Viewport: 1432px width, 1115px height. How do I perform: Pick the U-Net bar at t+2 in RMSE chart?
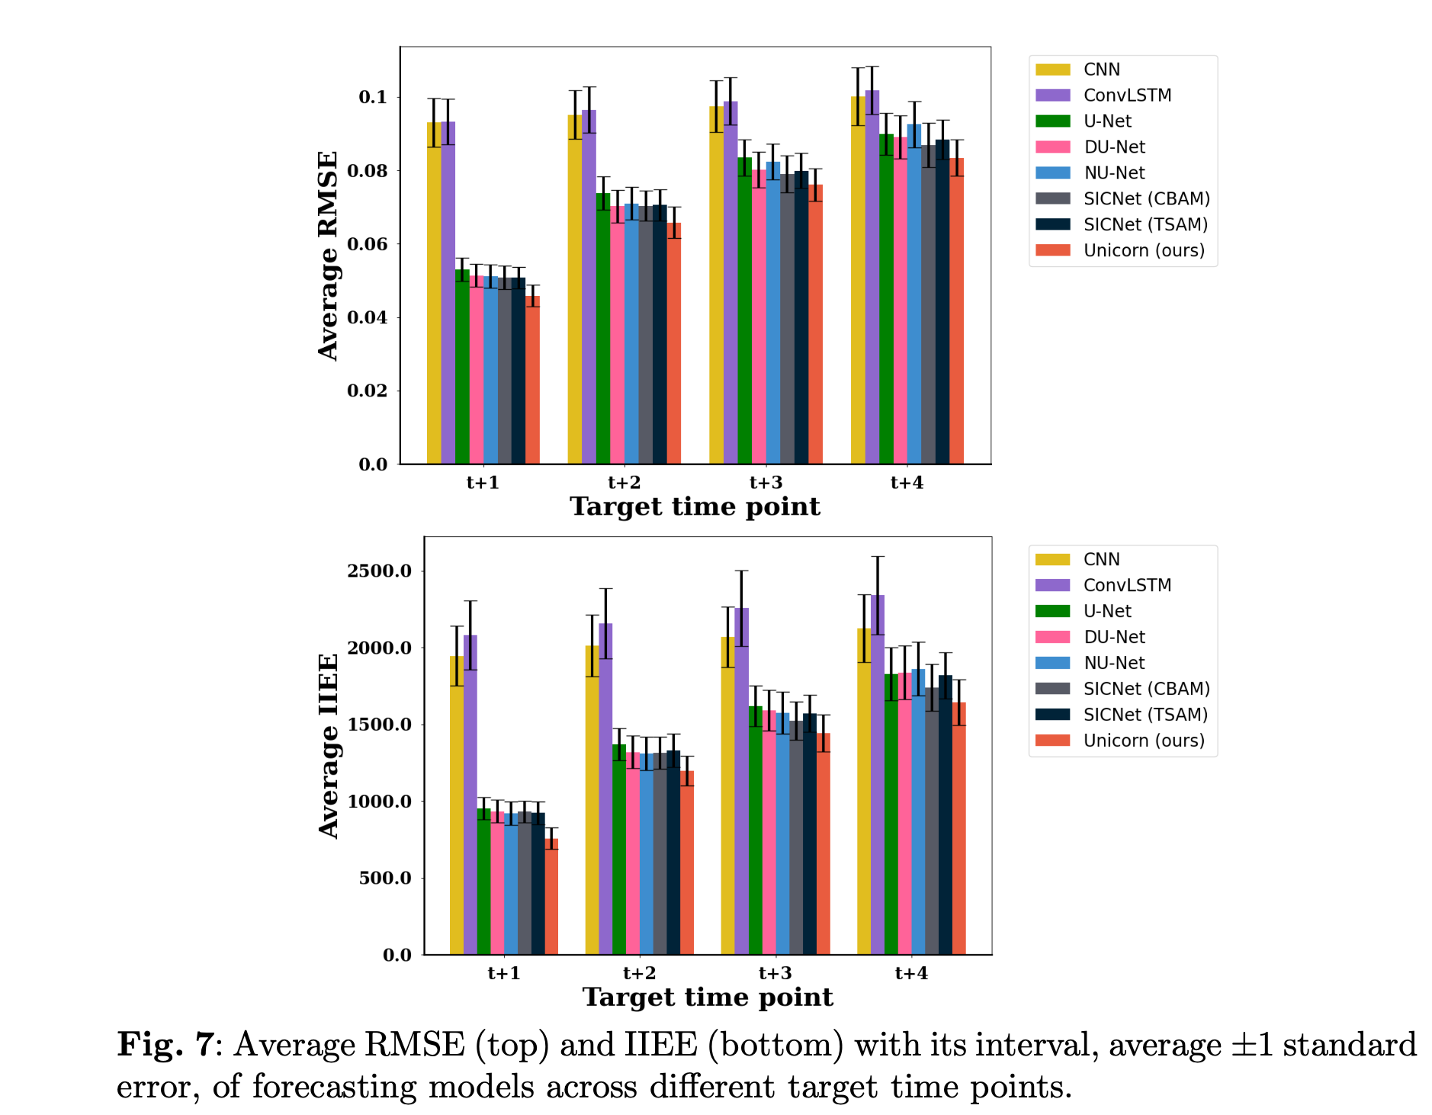tap(603, 329)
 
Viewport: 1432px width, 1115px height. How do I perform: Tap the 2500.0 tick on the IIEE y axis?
tap(379, 571)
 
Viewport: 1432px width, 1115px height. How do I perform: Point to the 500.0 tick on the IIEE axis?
tap(385, 878)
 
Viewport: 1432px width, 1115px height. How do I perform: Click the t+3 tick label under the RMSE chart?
tap(766, 483)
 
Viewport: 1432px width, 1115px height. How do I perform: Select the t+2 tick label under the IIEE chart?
tap(639, 973)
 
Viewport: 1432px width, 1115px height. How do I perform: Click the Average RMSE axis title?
tap(328, 255)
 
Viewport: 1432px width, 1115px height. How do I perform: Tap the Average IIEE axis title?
tap(328, 746)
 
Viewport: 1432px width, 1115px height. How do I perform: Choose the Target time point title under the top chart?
tap(695, 506)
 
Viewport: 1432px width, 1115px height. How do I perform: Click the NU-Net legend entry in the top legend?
tap(1114, 173)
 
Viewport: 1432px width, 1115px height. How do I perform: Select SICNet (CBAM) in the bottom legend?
tap(1146, 689)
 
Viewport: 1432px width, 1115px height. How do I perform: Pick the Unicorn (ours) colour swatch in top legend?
tap(1052, 250)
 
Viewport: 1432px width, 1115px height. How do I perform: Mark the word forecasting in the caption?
tap(334, 1086)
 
